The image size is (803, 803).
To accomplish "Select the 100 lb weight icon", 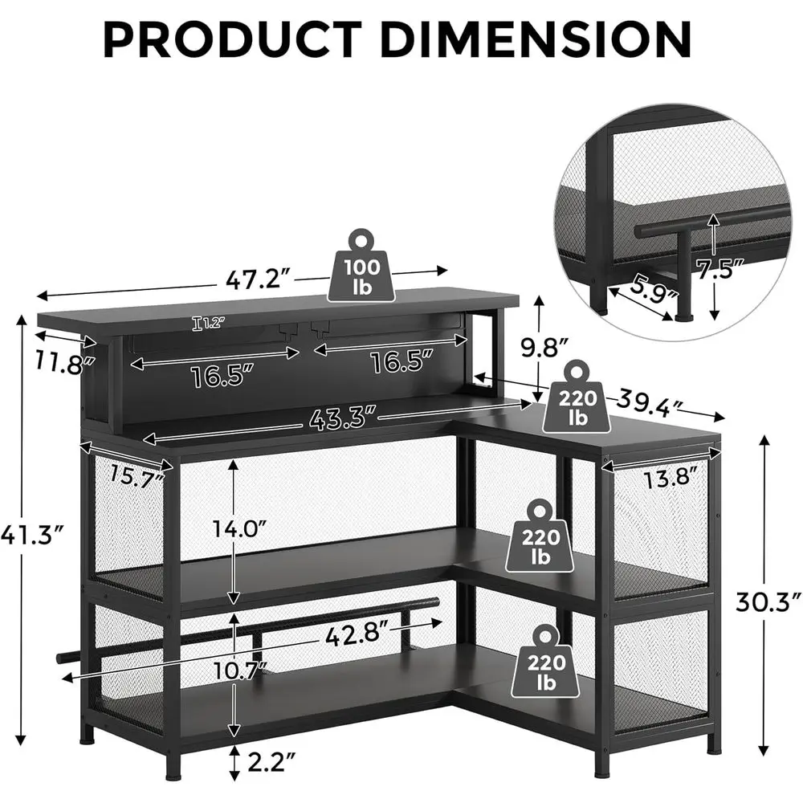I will point(361,267).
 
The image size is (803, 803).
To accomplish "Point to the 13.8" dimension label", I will point(665,479).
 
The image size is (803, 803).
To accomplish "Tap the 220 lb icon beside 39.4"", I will point(575,397).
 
